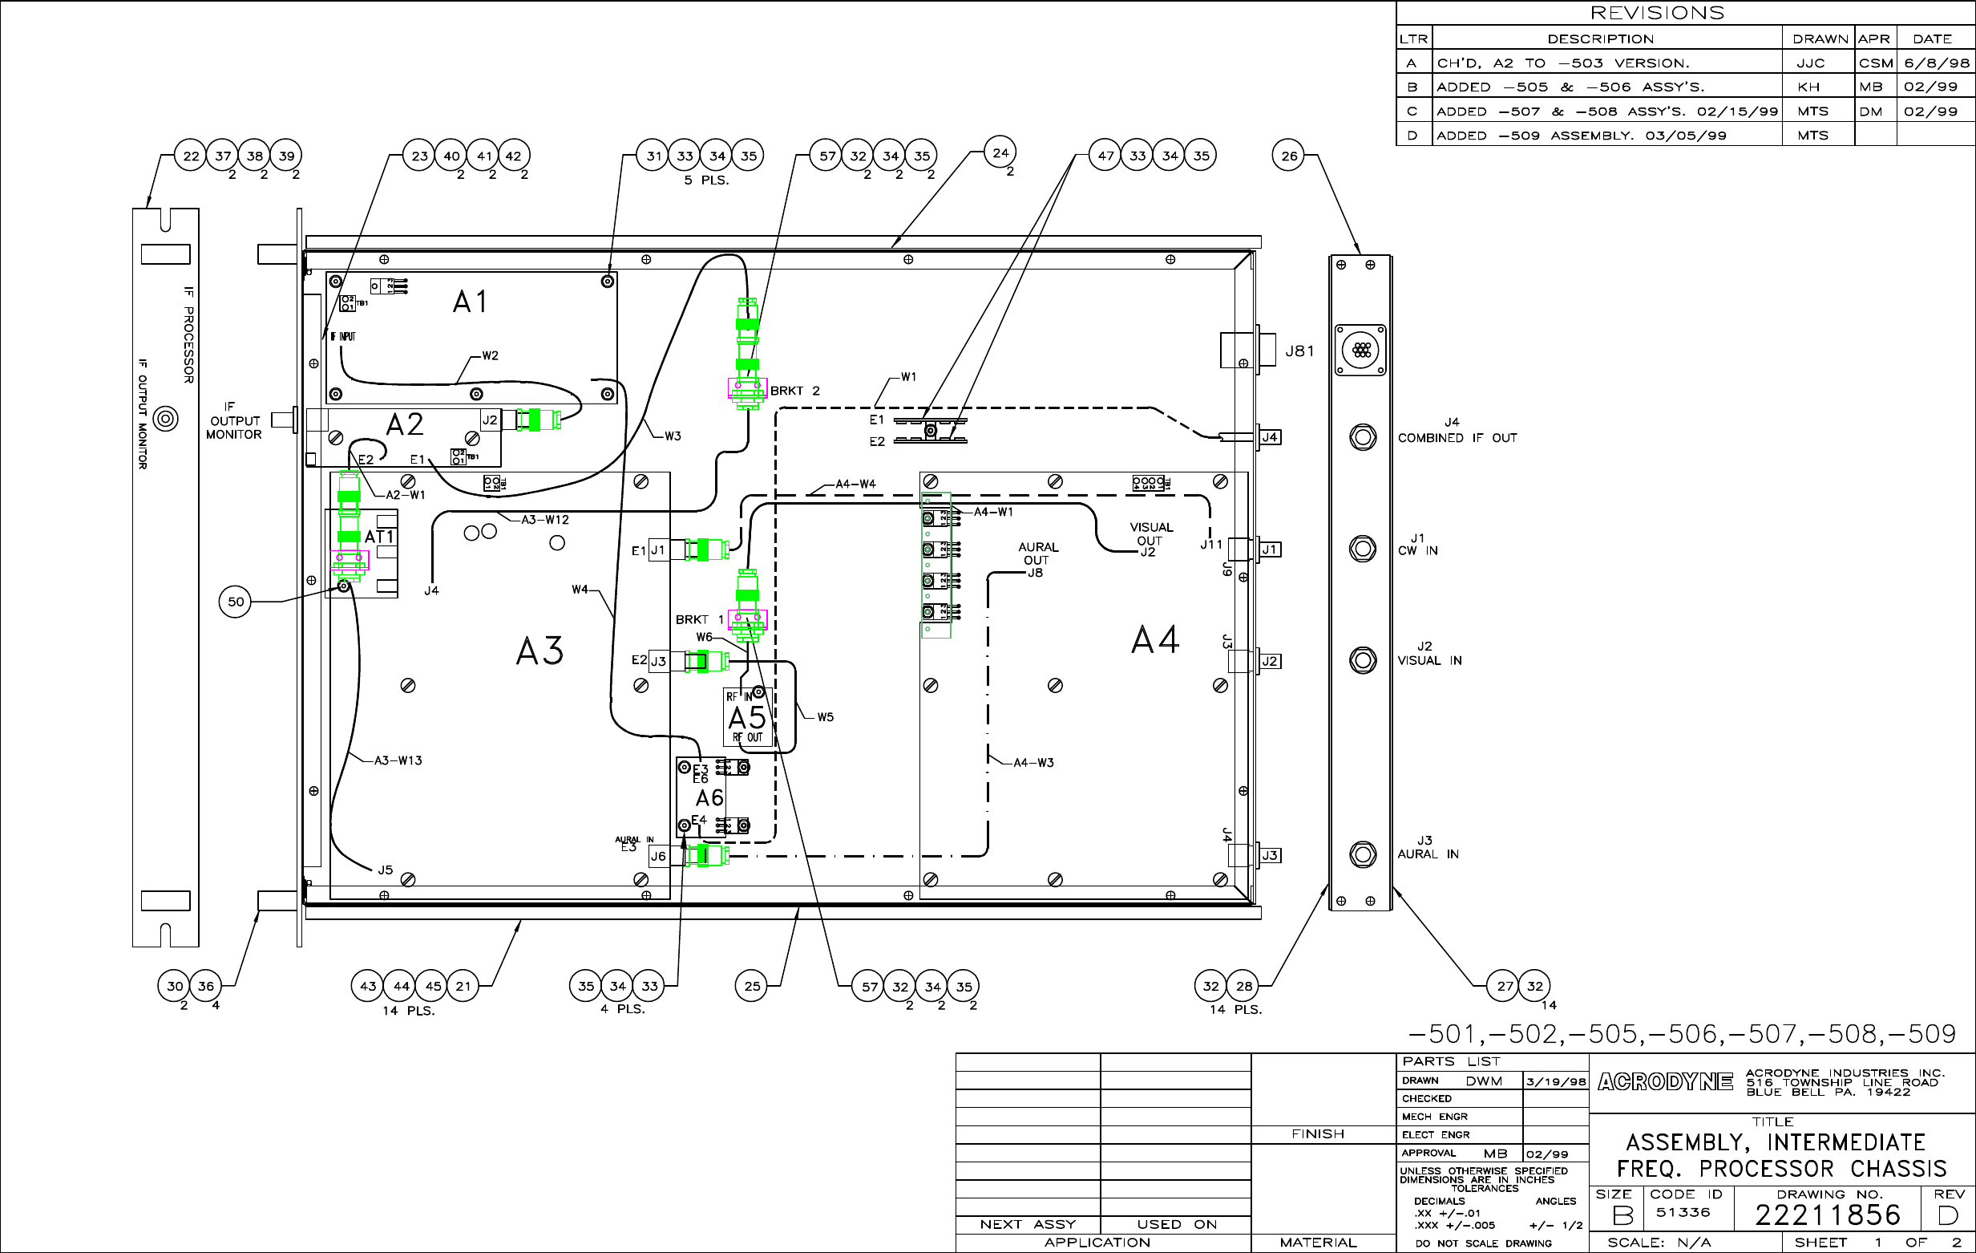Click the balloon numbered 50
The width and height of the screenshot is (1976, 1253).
click(x=236, y=602)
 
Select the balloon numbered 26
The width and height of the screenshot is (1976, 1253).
click(x=1289, y=155)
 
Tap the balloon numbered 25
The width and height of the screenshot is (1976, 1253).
click(x=752, y=986)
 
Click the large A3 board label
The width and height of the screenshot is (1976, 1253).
click(x=539, y=651)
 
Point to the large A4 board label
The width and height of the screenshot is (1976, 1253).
click(x=1154, y=639)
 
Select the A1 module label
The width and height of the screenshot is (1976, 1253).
click(x=471, y=302)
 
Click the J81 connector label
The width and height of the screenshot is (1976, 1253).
click(x=1299, y=351)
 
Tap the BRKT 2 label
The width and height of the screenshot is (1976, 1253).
click(x=794, y=391)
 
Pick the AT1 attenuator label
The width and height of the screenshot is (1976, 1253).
click(x=379, y=537)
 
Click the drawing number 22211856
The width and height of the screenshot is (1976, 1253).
click(x=1828, y=1215)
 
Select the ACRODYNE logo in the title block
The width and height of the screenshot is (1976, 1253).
click(x=1665, y=1082)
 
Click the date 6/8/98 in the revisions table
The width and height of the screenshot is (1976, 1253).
click(x=1937, y=63)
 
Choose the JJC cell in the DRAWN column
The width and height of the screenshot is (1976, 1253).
click(x=1810, y=63)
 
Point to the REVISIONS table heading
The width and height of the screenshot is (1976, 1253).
click(x=1657, y=13)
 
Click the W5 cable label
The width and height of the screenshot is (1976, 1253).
click(x=825, y=718)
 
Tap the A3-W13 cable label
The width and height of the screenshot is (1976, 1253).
click(x=398, y=761)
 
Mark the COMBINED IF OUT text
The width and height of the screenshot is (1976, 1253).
click(x=1457, y=439)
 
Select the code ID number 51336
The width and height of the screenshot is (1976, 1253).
click(x=1683, y=1213)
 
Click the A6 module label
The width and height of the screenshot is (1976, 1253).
click(x=709, y=798)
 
